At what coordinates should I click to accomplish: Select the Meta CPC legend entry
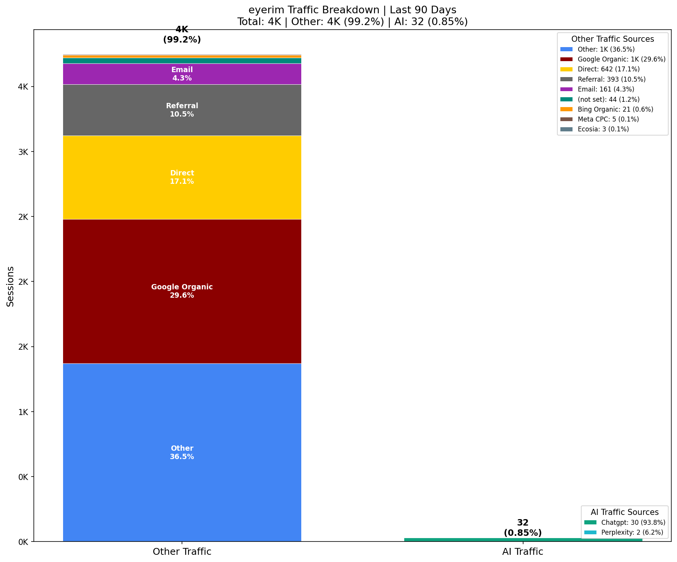point(608,119)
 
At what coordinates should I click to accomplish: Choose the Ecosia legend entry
point(603,129)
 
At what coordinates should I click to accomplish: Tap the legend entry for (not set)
point(608,99)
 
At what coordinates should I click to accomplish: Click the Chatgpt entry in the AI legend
point(633,523)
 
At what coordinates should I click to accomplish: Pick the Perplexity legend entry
point(632,532)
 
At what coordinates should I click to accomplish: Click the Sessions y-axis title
point(11,286)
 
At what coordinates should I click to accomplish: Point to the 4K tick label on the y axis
point(23,87)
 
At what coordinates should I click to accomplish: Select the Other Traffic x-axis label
point(182,552)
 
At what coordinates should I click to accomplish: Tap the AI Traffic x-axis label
point(523,552)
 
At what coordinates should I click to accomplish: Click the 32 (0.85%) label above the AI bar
point(523,528)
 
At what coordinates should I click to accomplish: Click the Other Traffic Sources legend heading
point(612,39)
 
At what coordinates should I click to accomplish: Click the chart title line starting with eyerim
point(352,10)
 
